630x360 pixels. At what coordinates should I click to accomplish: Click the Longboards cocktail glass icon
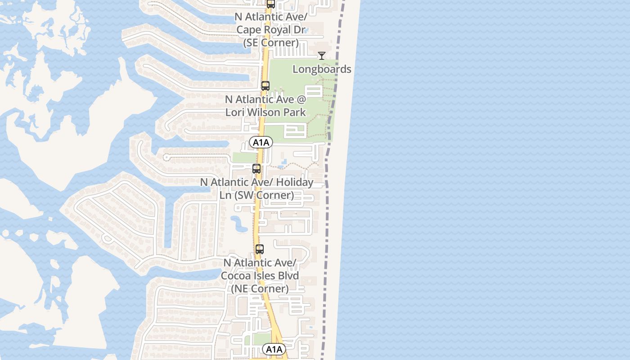322,55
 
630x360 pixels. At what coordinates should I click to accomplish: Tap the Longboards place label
322,69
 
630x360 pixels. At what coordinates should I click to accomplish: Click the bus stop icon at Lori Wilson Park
265,85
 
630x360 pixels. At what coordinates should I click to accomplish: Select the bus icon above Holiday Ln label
256,169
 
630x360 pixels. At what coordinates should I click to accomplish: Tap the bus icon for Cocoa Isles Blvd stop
260,249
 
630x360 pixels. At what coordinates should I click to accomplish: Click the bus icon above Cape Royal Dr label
271,4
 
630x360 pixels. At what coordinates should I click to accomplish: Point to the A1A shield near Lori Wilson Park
261,143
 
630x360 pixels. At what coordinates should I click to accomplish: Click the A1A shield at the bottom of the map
274,349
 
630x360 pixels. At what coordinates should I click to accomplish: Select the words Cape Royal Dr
271,30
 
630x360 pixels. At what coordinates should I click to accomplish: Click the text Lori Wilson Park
265,112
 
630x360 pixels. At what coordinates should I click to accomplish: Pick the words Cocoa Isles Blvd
260,275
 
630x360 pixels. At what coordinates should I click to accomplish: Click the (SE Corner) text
271,43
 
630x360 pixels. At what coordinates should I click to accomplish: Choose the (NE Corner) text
260,288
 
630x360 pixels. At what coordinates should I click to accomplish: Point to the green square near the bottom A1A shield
261,339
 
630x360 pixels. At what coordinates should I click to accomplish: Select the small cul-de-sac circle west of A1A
166,157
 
